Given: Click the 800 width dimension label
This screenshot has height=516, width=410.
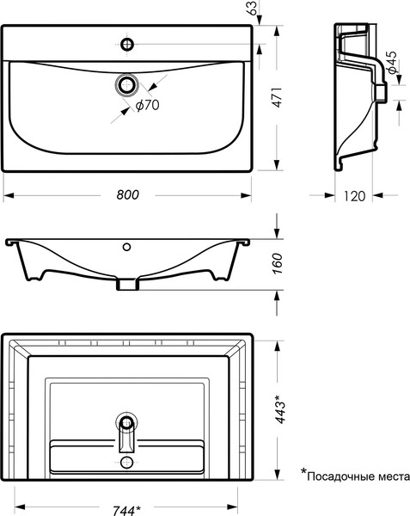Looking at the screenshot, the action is [127, 195].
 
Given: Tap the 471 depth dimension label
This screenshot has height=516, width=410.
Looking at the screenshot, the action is [278, 97].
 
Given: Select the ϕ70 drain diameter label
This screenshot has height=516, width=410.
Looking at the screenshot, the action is [147, 105].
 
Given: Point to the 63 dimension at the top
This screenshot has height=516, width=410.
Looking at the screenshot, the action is [252, 8].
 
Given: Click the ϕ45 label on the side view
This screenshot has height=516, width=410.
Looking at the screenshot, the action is [392, 63].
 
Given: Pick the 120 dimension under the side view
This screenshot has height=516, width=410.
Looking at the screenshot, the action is [354, 196].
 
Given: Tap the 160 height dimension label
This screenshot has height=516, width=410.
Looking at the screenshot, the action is [278, 263].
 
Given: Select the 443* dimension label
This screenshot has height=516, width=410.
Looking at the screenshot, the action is [280, 408].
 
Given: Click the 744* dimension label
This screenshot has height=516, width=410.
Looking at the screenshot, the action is [126, 510].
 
